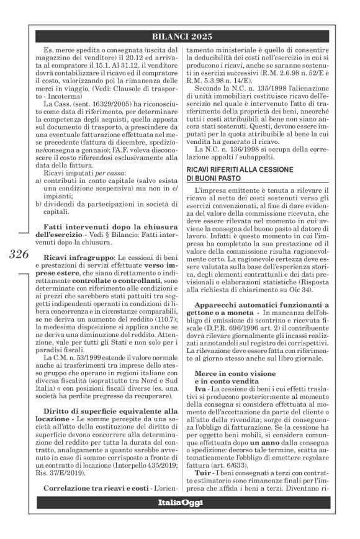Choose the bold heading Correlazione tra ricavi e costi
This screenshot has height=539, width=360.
click(97, 502)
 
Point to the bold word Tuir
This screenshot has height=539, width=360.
click(202, 478)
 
